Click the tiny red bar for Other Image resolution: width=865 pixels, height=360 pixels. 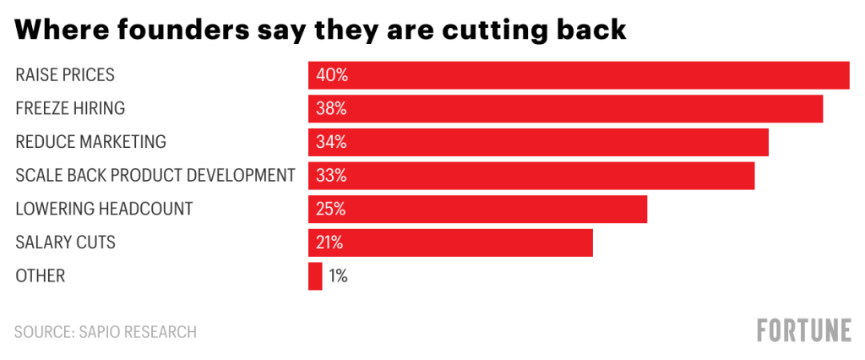[315, 276]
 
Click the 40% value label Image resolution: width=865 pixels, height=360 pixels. [331, 75]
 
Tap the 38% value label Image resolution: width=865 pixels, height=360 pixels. [331, 108]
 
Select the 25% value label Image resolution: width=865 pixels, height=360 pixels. [331, 209]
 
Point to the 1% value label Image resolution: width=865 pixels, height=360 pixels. [338, 276]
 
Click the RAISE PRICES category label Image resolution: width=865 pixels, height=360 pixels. [65, 75]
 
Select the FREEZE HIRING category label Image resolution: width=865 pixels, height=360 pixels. [70, 108]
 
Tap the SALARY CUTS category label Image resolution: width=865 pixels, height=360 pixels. [65, 243]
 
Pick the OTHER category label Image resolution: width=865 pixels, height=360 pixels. [40, 276]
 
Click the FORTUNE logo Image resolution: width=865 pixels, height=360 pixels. [803, 331]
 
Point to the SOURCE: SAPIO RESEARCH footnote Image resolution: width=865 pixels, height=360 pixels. [106, 331]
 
